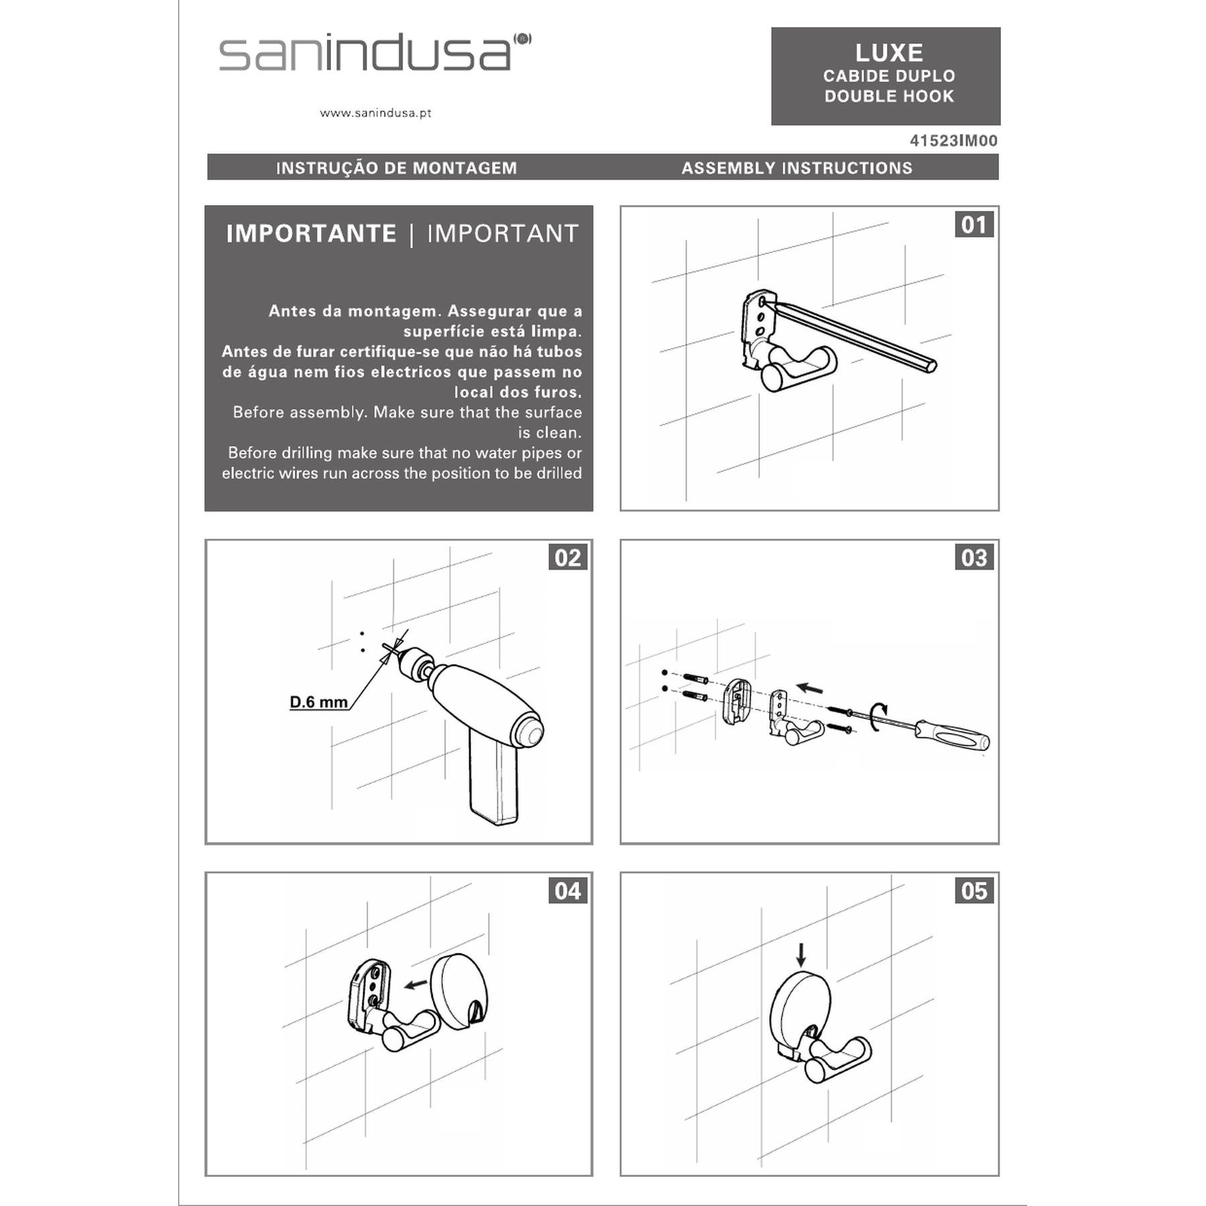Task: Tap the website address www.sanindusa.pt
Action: [375, 113]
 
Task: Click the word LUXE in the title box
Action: [889, 53]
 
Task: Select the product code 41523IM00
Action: [953, 141]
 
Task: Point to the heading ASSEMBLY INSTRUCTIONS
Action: [797, 167]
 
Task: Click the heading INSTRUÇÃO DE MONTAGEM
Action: [397, 167]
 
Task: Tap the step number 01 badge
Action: [974, 224]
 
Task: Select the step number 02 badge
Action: [567, 557]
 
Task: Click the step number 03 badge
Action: [974, 557]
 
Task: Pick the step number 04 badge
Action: [567, 890]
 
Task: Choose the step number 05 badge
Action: [974, 890]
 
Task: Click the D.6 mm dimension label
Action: [319, 702]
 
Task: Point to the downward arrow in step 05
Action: [801, 955]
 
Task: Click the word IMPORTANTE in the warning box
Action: [312, 234]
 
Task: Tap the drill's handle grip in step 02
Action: [494, 777]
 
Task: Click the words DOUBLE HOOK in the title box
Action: [889, 96]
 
